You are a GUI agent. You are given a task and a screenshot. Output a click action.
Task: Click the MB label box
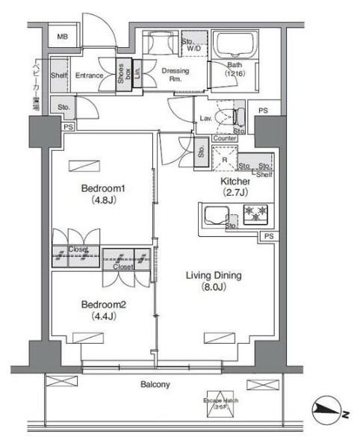(65, 36)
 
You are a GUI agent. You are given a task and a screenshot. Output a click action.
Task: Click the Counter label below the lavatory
(225, 138)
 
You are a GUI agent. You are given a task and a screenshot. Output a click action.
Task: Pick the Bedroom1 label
(102, 188)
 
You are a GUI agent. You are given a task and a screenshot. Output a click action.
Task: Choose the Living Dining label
(213, 276)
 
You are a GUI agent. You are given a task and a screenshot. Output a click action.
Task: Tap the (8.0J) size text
(213, 288)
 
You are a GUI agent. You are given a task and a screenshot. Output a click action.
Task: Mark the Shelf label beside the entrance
(60, 75)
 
